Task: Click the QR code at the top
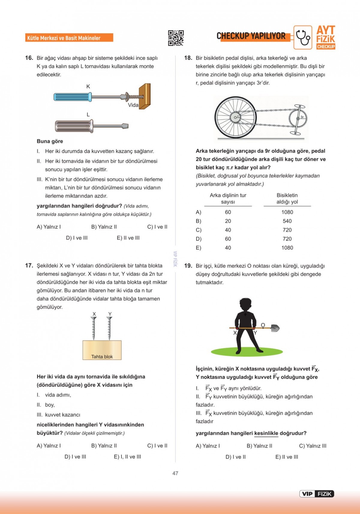pyautogui.click(x=176, y=38)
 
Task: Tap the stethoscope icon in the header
pyautogui.click(x=303, y=37)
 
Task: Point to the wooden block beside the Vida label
pyautogui.click(x=145, y=96)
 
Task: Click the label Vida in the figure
pyautogui.click(x=133, y=105)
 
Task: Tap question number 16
pyautogui.click(x=29, y=58)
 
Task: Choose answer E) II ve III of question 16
pyautogui.click(x=128, y=238)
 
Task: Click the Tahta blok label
pyautogui.click(x=102, y=356)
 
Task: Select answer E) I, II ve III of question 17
pyautogui.click(x=127, y=457)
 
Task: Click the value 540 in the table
pyautogui.click(x=287, y=221)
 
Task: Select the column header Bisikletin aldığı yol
pyautogui.click(x=287, y=199)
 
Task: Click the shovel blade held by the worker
pyautogui.click(x=274, y=328)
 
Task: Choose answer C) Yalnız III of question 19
pyautogui.click(x=313, y=446)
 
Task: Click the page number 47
pyautogui.click(x=175, y=473)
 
